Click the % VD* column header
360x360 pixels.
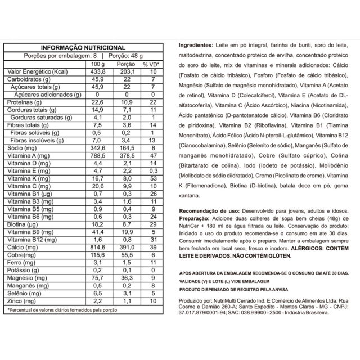point(150,64)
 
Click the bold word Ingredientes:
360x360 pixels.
point(196,45)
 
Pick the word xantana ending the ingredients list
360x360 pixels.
point(189,197)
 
